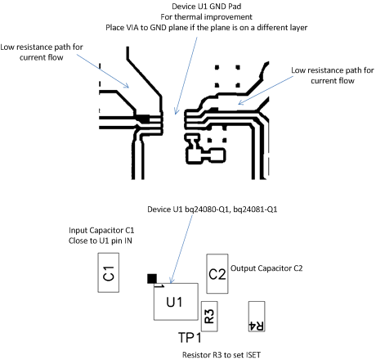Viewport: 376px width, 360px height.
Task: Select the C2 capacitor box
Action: click(217, 273)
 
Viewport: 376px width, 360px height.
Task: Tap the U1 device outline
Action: click(176, 301)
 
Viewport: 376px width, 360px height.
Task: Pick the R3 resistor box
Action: click(208, 314)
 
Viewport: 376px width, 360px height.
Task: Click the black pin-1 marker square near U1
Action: click(151, 279)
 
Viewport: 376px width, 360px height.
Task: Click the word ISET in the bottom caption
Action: click(248, 355)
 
